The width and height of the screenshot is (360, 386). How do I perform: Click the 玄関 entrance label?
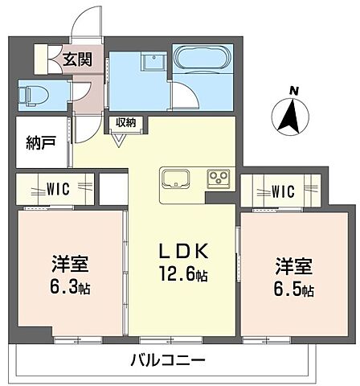pyautogui.click(x=78, y=59)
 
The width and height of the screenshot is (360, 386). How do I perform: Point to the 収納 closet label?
pyautogui.click(x=125, y=122)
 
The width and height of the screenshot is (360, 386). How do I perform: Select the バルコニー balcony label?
pyautogui.click(x=168, y=359)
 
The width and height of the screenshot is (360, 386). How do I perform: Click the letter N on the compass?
pyautogui.click(x=294, y=90)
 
